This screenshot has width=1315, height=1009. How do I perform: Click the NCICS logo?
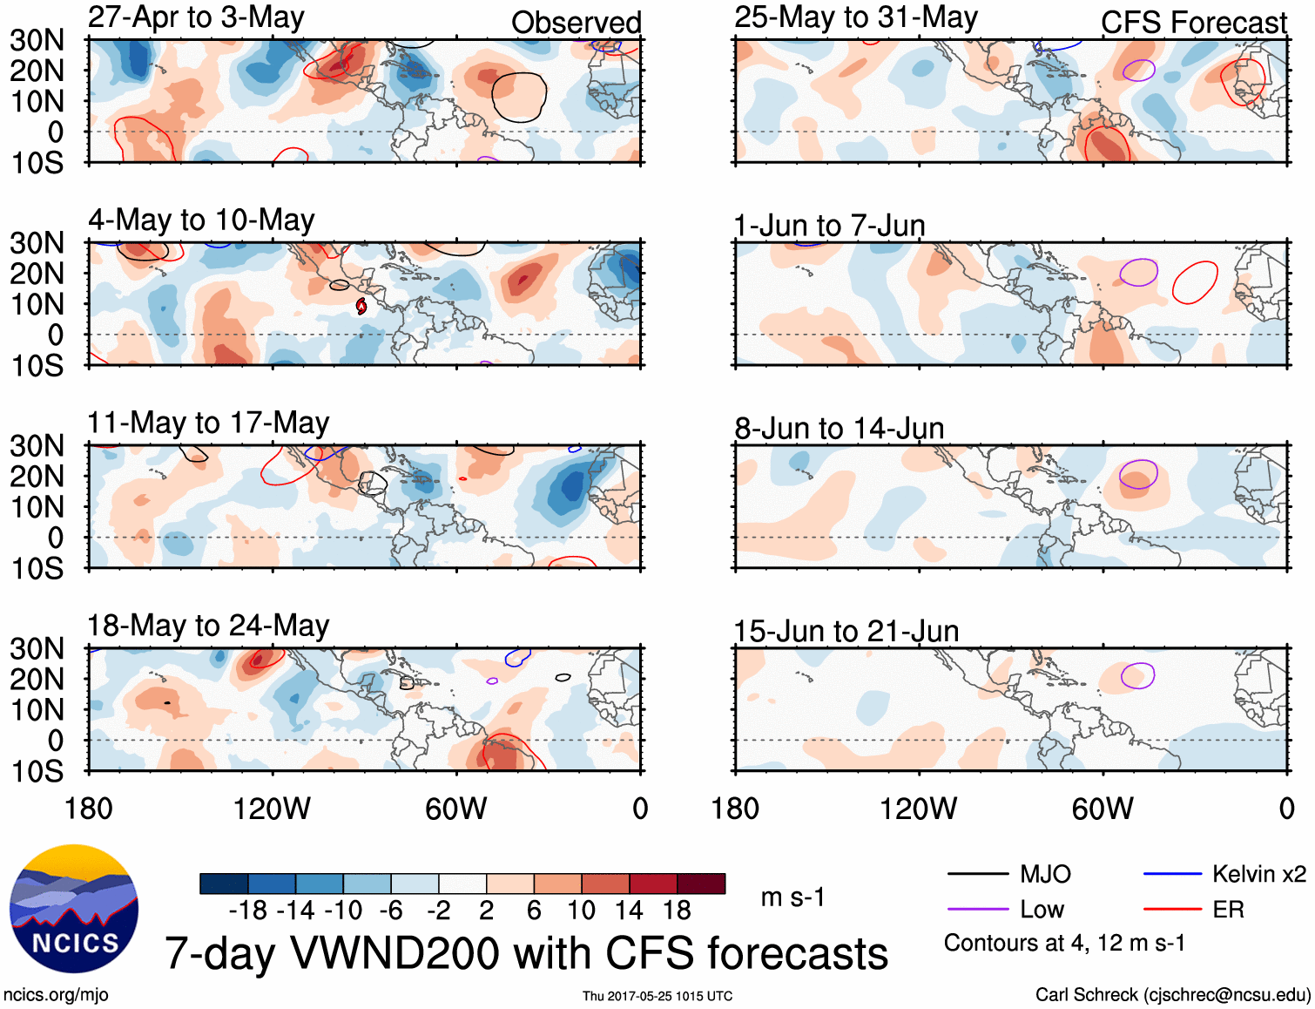[x=74, y=909]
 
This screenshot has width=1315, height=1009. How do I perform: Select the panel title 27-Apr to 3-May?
[x=196, y=17]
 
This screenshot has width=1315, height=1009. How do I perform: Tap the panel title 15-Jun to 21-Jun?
[x=846, y=631]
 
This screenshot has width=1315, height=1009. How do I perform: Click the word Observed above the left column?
[x=576, y=23]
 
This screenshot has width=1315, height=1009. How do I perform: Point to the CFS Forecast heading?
[x=1193, y=23]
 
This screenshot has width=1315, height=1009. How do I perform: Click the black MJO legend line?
[x=978, y=874]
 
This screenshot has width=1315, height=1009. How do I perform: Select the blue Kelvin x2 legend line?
[x=1172, y=874]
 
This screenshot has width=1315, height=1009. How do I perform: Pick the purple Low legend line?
[x=978, y=910]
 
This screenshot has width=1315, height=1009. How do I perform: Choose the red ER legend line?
[x=1172, y=910]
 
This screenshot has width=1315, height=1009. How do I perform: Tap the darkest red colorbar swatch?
[x=701, y=884]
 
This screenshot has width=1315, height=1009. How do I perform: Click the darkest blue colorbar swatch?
[x=224, y=884]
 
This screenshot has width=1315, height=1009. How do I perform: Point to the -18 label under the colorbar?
[x=248, y=911]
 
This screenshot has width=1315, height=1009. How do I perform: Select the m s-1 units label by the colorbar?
[x=792, y=897]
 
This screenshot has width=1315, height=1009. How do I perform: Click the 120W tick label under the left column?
[x=272, y=809]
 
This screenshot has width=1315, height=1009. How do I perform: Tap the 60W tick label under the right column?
[x=1103, y=809]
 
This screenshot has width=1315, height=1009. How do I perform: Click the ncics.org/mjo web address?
[x=56, y=995]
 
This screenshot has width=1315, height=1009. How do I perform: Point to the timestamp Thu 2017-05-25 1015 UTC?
[x=657, y=996]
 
